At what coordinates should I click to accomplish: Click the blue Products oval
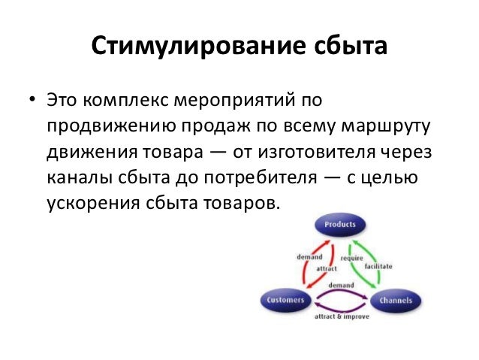click(x=339, y=224)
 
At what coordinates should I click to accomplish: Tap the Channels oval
click(x=395, y=300)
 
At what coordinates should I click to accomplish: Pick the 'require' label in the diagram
click(x=351, y=258)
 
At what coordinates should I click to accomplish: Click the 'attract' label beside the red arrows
click(x=325, y=268)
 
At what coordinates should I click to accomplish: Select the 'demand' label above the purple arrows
click(x=341, y=286)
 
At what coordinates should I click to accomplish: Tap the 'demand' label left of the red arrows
click(x=309, y=257)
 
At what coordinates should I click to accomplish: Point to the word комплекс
click(x=125, y=99)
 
